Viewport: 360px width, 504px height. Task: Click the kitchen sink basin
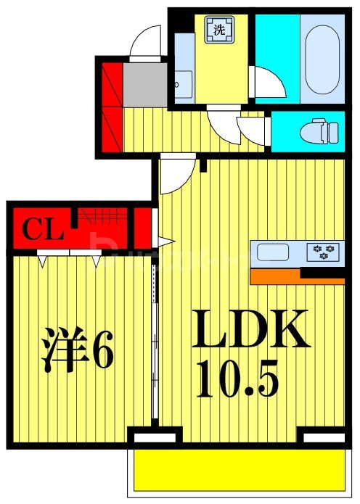(273, 253)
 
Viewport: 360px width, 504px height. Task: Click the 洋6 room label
(76, 350)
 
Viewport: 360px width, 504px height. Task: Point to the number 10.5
(238, 380)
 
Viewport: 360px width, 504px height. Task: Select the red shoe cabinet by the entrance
(112, 105)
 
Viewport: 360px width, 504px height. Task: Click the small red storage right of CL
(143, 228)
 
